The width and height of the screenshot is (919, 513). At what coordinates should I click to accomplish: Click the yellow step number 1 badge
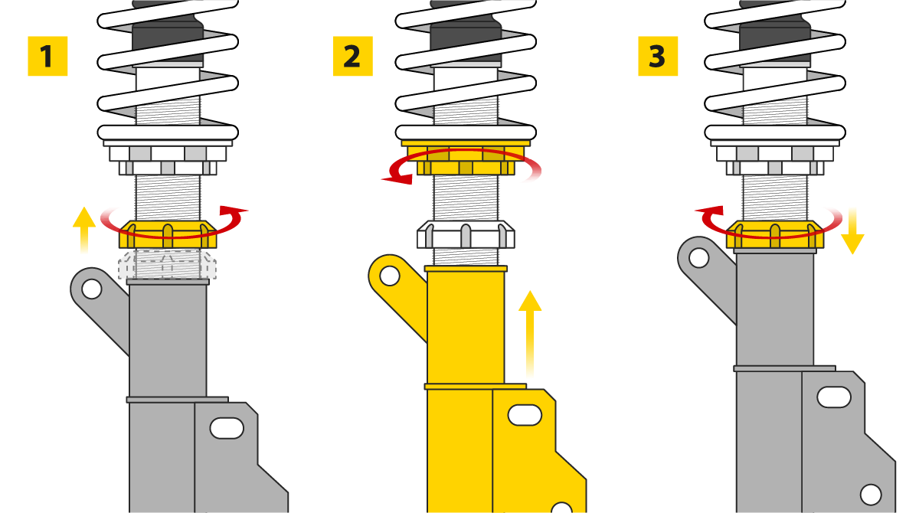click(x=47, y=56)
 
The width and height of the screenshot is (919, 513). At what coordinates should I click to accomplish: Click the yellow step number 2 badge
click(x=353, y=56)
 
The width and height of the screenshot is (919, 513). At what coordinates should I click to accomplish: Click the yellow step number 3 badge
click(x=658, y=56)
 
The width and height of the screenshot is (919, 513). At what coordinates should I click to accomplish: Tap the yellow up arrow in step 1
click(x=84, y=230)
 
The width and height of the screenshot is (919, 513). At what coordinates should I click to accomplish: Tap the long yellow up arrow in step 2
click(x=530, y=333)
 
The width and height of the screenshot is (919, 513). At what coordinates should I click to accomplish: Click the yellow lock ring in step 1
click(x=168, y=234)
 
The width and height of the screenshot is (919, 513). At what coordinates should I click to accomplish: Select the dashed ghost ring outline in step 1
click(x=168, y=264)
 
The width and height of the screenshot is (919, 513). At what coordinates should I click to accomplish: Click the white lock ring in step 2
click(x=466, y=234)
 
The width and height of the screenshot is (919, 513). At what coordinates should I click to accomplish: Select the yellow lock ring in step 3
click(x=775, y=234)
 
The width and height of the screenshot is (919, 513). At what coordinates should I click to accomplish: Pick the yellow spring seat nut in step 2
click(x=466, y=158)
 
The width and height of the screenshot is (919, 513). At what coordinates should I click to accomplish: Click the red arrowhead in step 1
click(x=234, y=211)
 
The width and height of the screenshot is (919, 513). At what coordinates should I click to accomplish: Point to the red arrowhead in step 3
click(x=709, y=211)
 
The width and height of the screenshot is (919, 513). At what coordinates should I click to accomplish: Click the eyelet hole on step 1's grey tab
click(x=91, y=289)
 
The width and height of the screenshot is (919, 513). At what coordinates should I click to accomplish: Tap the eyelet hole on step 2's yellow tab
click(x=390, y=276)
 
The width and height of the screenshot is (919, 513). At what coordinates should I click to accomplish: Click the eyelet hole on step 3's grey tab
click(x=699, y=258)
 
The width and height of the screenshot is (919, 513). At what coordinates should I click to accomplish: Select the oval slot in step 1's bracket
click(x=227, y=428)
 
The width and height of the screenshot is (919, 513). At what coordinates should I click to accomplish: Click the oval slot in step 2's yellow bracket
click(x=525, y=415)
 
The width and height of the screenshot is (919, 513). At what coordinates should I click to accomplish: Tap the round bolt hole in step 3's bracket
click(x=871, y=495)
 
